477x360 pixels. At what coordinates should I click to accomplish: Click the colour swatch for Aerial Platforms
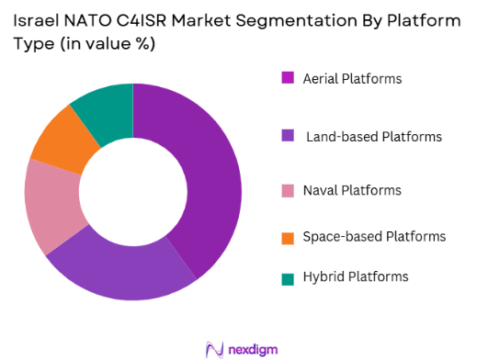[288, 79]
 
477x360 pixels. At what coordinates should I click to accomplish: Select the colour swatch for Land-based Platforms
[288, 137]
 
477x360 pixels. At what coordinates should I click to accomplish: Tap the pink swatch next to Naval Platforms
[288, 190]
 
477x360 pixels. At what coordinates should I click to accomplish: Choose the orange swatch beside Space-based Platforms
[288, 237]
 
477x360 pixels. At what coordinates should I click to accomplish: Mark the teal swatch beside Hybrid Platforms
[288, 276]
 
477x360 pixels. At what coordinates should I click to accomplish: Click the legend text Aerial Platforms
[353, 79]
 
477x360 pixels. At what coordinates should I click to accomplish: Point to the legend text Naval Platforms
[353, 190]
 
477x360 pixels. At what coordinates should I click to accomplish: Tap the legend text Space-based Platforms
[375, 237]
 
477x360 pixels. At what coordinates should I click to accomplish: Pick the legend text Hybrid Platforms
[356, 276]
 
